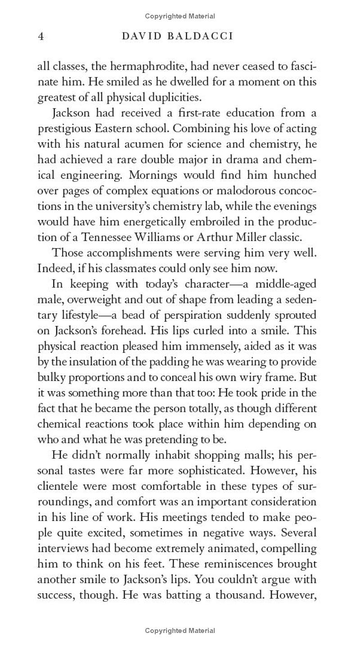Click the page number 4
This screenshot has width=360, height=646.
coord(40,36)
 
